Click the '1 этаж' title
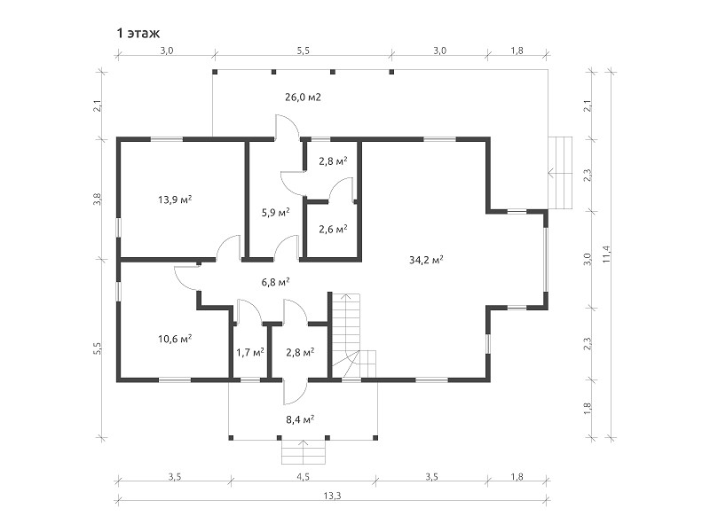[x=138, y=33]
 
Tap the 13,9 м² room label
[x=175, y=199]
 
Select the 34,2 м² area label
[x=426, y=260]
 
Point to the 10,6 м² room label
[x=175, y=339]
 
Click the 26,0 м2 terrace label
[x=303, y=97]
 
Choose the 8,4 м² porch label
[x=300, y=419]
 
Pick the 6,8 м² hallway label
[x=275, y=282]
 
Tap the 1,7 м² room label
[x=250, y=352]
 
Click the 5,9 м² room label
[x=275, y=212]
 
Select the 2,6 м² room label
[x=333, y=229]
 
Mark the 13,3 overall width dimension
[x=332, y=496]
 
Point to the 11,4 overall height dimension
[x=607, y=254]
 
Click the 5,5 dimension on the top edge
[x=303, y=51]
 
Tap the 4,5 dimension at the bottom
[x=303, y=476]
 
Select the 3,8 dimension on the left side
[x=98, y=199]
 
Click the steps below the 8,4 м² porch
[x=304, y=451]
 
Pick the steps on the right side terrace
[x=560, y=172]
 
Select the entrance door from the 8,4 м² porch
[x=296, y=392]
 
